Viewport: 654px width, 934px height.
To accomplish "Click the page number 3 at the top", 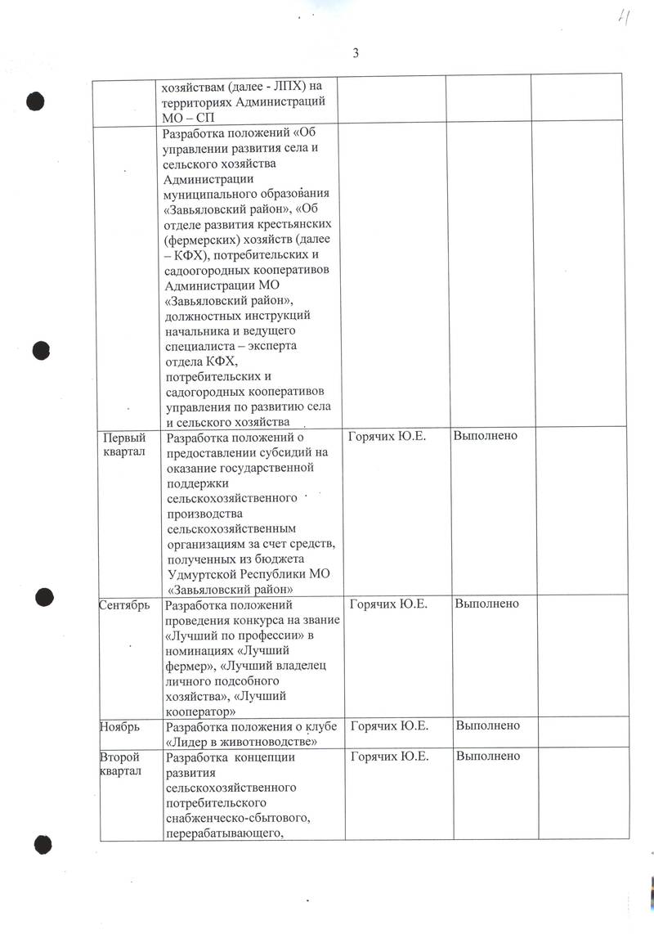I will coord(356,54).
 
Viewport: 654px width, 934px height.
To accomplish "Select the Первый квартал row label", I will coord(124,445).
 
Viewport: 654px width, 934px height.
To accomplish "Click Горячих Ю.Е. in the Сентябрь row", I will coord(388,604).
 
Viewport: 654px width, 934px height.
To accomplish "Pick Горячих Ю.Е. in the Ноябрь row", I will coord(389,725).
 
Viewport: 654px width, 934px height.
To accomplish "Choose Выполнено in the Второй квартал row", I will coord(488,756).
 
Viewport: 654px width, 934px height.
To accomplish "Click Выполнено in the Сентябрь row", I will coord(487,604).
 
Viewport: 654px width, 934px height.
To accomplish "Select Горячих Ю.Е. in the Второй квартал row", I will coord(389,756).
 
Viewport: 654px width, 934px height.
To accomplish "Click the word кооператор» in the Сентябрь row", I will coord(200,711).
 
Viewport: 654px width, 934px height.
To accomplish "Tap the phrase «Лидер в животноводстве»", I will coord(240,741).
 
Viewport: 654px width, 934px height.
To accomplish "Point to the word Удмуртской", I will coord(200,573).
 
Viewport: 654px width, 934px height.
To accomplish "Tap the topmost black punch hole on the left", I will coord(34,101).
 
